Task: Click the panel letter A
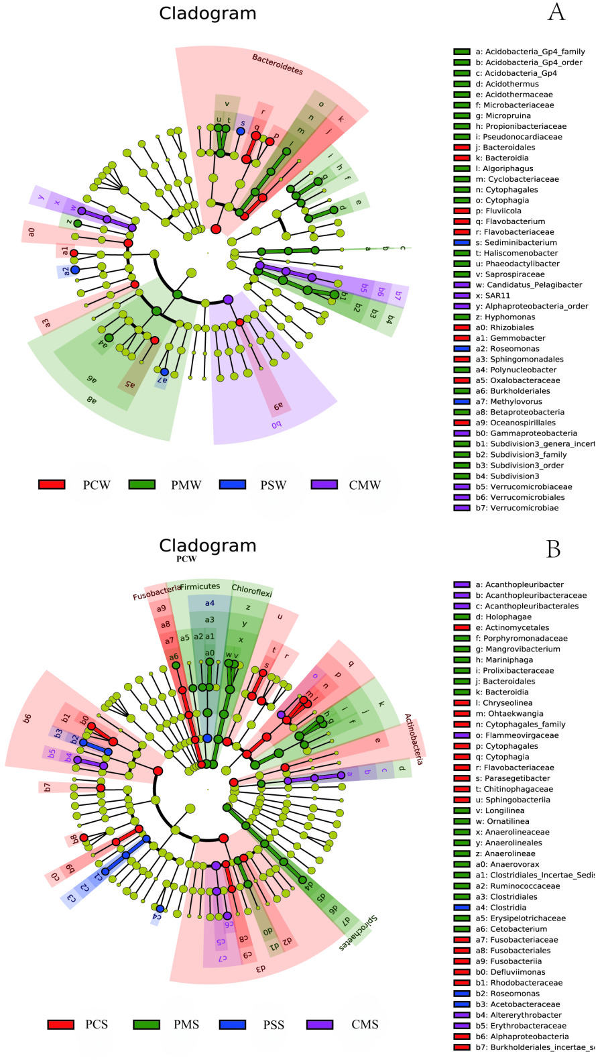point(556,12)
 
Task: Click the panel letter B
point(553,549)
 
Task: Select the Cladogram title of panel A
point(207,13)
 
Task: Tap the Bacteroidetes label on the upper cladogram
point(278,64)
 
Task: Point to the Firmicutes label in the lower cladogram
point(200,586)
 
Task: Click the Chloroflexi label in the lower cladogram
point(251,590)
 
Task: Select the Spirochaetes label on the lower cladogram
point(358,933)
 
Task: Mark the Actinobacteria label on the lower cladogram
point(414,739)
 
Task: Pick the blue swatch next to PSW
point(232,484)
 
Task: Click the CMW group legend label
point(365,485)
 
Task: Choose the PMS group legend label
point(186,1024)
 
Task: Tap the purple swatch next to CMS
point(320,1024)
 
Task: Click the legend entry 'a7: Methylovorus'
point(509,401)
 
